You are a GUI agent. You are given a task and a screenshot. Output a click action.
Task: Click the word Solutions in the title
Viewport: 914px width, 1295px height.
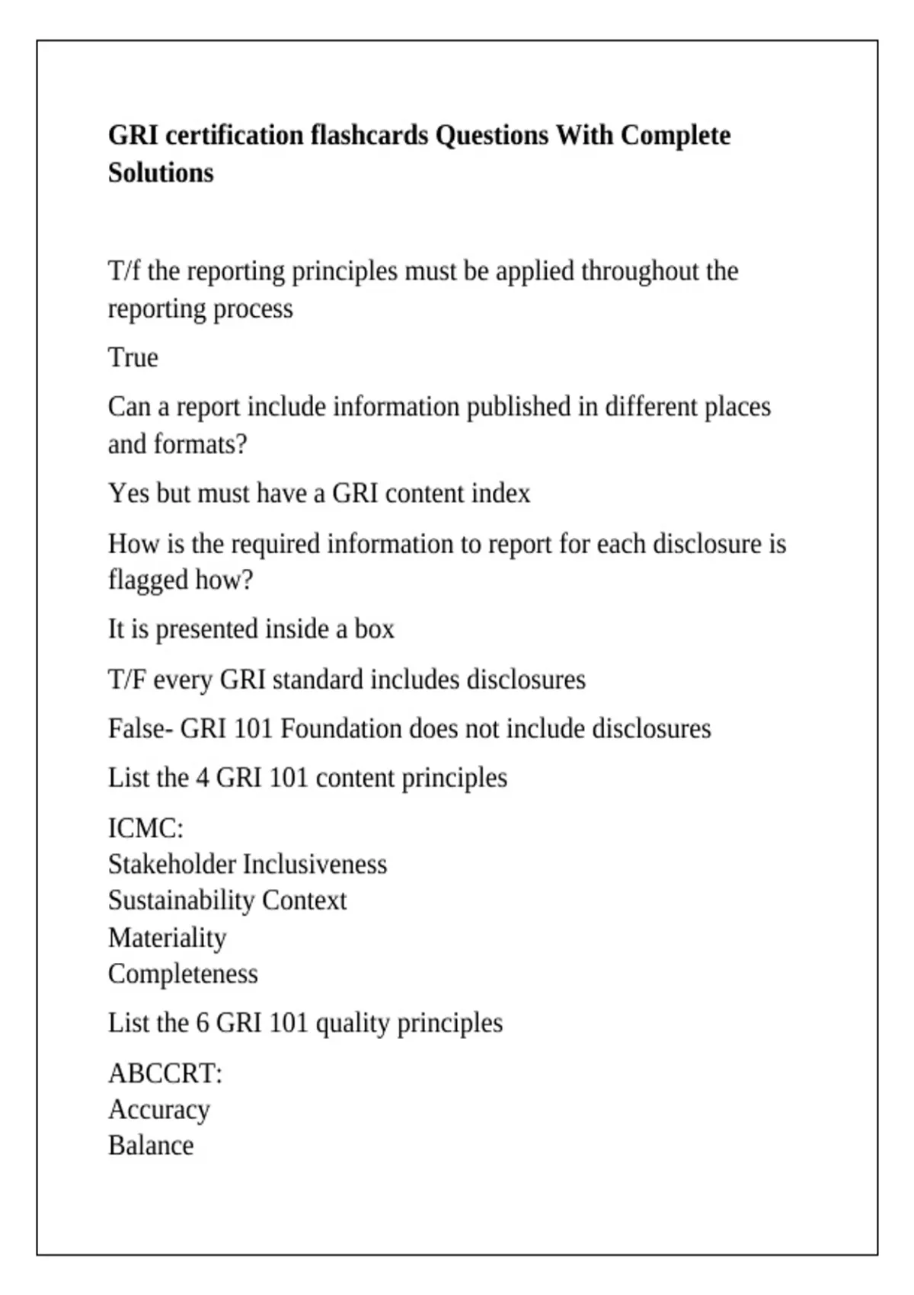point(161,173)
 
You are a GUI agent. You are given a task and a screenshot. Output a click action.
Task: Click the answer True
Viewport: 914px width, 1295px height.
point(133,357)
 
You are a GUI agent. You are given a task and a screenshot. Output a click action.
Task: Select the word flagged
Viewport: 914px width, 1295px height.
point(149,580)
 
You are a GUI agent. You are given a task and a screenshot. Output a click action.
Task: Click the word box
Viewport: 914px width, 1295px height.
point(375,629)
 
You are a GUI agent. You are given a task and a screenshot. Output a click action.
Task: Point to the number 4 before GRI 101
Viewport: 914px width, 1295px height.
point(203,778)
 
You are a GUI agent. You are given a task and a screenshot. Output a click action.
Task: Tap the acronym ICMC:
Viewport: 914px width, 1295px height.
point(145,828)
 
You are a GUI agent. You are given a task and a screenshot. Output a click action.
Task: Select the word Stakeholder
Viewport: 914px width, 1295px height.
point(172,865)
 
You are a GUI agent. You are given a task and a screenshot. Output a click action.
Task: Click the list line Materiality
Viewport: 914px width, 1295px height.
point(168,938)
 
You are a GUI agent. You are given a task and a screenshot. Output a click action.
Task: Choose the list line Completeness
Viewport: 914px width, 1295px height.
point(183,974)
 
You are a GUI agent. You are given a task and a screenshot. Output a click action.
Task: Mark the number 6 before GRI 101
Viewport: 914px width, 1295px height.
point(203,1023)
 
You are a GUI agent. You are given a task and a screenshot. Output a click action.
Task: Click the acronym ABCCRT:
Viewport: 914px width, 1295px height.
point(165,1073)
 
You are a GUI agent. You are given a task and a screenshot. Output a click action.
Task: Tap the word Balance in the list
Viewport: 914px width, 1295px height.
point(151,1146)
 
